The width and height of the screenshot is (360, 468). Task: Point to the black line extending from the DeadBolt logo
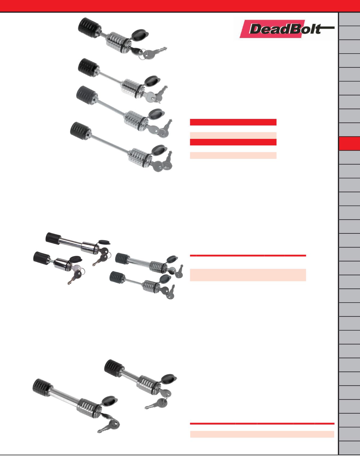tap(327, 27)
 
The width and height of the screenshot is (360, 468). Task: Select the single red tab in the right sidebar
tap(349, 144)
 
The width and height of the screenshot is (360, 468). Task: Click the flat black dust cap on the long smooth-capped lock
tap(104, 242)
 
